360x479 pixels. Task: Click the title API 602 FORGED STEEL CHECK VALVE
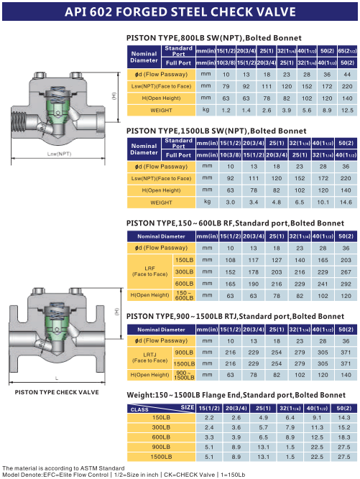click(180, 11)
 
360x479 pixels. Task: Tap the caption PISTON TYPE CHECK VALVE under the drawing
click(57, 392)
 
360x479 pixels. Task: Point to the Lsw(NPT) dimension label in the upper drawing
click(60, 154)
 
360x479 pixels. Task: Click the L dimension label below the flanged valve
click(57, 378)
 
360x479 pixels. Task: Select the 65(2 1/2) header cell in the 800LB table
click(347, 51)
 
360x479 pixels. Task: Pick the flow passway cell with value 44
click(347, 75)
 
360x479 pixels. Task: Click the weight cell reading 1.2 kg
click(226, 111)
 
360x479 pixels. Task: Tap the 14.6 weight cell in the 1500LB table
click(346, 203)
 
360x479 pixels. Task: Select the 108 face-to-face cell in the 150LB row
click(230, 260)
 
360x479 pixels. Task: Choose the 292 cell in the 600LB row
click(346, 284)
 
